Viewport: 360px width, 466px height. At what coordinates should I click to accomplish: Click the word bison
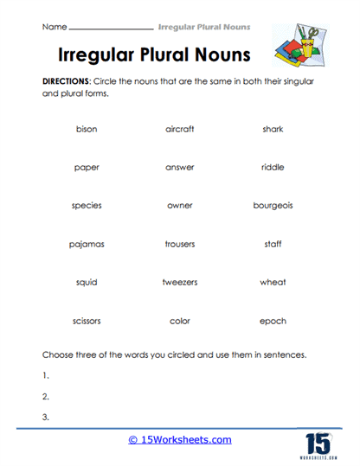click(x=87, y=129)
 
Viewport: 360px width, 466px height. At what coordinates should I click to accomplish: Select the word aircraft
click(x=179, y=129)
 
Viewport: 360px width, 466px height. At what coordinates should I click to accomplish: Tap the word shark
click(x=273, y=129)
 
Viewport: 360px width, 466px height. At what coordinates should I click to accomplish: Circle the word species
click(x=87, y=206)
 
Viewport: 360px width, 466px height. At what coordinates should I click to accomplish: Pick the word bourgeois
click(x=273, y=206)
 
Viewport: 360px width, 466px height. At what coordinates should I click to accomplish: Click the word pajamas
click(x=87, y=244)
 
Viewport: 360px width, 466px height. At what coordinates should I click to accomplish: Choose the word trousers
click(x=179, y=244)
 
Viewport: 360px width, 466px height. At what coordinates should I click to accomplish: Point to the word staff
click(x=273, y=244)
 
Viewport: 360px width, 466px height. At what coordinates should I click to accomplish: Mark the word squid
click(x=87, y=282)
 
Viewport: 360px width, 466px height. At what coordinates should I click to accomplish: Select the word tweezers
click(x=179, y=282)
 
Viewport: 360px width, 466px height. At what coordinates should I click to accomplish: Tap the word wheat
click(x=273, y=282)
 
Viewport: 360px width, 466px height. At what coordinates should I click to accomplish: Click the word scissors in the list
click(x=87, y=321)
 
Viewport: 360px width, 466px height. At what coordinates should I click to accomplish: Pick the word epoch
click(x=273, y=321)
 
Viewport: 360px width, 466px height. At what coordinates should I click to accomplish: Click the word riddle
click(x=273, y=167)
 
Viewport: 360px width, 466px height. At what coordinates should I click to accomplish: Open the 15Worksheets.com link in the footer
click(x=179, y=440)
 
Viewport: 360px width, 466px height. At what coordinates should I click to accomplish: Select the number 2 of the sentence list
click(x=45, y=397)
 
